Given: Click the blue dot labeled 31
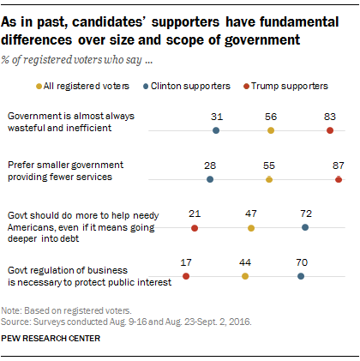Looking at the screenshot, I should click(x=215, y=130).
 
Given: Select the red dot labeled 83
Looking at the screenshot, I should click(x=330, y=130).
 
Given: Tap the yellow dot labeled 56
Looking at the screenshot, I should click(x=271, y=130).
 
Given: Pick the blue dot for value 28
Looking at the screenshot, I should click(x=210, y=179).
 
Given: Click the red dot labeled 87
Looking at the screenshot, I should click(x=339, y=179).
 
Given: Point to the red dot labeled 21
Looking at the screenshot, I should click(x=195, y=228).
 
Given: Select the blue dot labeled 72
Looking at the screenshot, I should click(x=306, y=228).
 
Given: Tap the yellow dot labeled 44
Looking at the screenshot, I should click(x=245, y=276).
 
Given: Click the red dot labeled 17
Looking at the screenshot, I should click(x=186, y=276).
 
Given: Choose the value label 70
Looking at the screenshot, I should click(x=301, y=261).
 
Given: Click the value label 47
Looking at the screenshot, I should click(x=251, y=212).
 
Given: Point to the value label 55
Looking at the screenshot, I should click(x=269, y=164).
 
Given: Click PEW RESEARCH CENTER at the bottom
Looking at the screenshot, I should click(x=51, y=339).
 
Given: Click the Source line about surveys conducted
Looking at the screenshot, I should click(x=101, y=317).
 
